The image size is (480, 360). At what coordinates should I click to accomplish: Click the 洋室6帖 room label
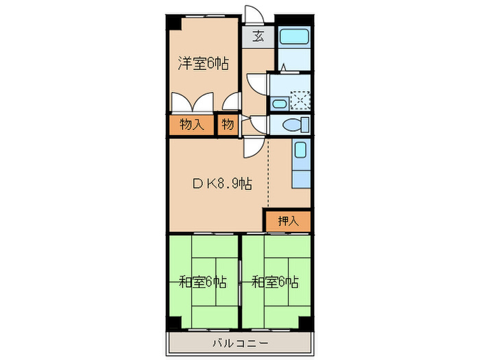click(x=203, y=64)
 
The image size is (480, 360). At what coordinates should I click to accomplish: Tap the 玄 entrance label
click(x=259, y=37)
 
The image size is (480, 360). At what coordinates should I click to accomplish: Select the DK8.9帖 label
click(x=220, y=183)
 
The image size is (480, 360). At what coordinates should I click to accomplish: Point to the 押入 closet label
click(x=288, y=221)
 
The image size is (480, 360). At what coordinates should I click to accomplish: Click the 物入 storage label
click(x=191, y=125)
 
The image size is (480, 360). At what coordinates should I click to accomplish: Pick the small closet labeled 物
click(x=227, y=125)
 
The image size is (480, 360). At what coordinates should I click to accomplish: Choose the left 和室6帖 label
click(x=203, y=281)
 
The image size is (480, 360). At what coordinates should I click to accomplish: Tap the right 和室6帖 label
click(x=275, y=281)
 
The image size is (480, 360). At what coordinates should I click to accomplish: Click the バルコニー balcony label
click(x=239, y=342)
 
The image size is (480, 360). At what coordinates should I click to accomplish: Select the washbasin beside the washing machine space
click(x=279, y=104)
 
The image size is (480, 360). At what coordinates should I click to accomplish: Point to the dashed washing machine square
click(x=300, y=101)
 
